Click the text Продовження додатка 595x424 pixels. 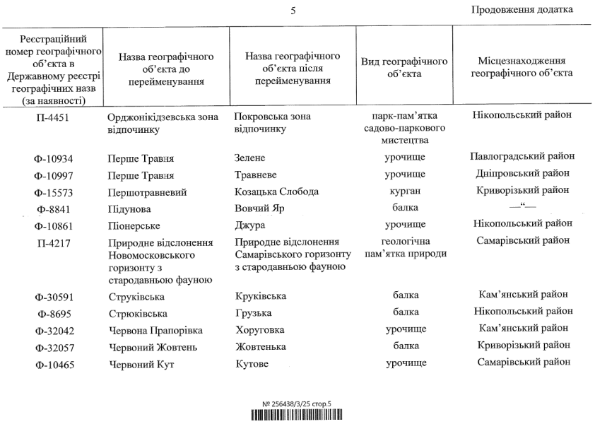click(x=522, y=9)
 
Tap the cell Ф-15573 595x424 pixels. click(x=54, y=192)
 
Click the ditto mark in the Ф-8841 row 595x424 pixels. click(x=522, y=207)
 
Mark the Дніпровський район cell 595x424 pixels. click(x=522, y=173)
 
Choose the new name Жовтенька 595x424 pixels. click(x=261, y=346)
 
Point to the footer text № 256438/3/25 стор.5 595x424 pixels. click(x=297, y=404)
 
